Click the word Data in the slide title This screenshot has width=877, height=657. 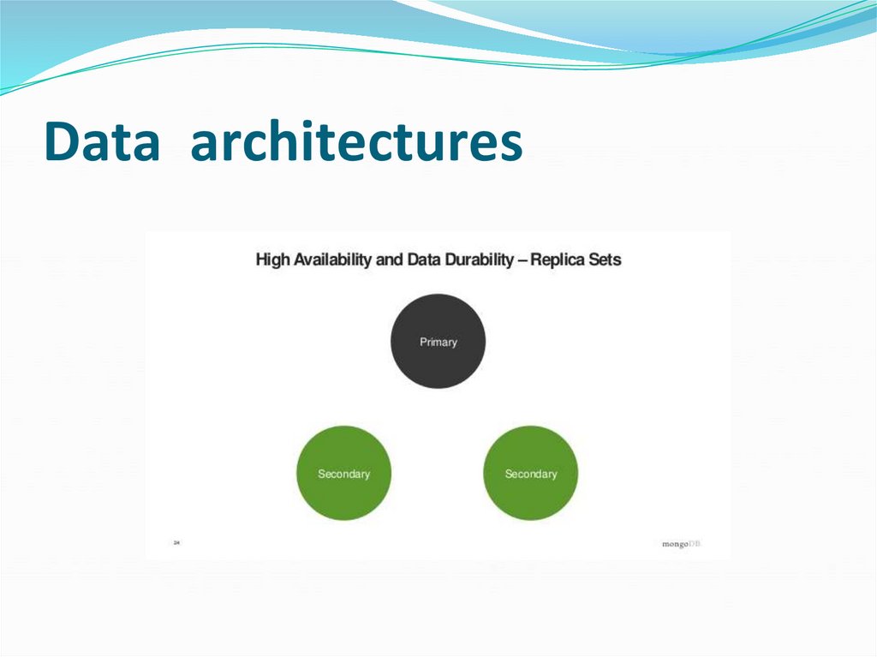[102, 142]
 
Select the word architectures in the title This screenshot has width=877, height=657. [356, 142]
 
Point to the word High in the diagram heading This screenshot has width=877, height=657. [272, 260]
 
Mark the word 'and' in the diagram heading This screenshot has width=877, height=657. [390, 260]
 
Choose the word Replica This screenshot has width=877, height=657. [558, 260]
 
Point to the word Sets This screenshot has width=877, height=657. [605, 260]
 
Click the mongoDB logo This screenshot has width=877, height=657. [681, 544]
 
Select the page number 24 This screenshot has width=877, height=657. [177, 542]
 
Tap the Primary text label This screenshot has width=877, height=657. [438, 342]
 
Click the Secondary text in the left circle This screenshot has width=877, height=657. [343, 474]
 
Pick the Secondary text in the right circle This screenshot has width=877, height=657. [531, 474]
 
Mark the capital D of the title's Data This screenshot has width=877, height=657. [60, 142]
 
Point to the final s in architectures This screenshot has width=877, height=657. [511, 146]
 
